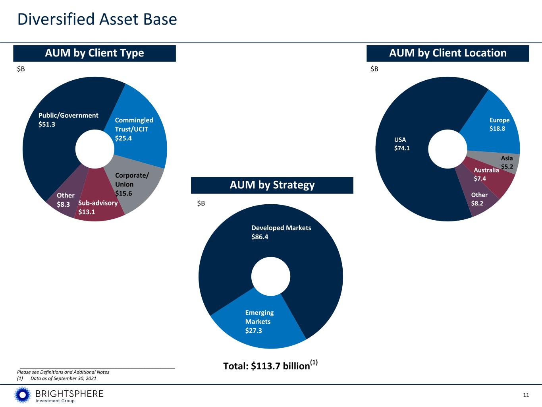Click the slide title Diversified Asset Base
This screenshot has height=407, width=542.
pos(97,19)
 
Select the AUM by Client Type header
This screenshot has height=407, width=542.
pos(95,53)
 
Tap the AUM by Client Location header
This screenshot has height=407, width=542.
pos(447,53)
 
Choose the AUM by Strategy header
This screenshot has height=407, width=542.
pos(272,185)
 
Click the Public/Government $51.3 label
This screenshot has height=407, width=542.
pos(68,120)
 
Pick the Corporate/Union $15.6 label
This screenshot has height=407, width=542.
pos(131,184)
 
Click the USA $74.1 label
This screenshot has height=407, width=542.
pos(401,144)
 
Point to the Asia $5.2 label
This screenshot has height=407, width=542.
pos(507,162)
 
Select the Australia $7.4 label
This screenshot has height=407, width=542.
pos(486,174)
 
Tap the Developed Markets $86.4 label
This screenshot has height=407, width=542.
pos(281,232)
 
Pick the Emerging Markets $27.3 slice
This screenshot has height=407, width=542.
pos(259,322)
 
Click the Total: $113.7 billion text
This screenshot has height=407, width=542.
pos(270,366)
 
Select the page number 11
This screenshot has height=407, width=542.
pos(526,395)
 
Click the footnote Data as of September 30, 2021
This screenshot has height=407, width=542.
pos(63,378)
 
